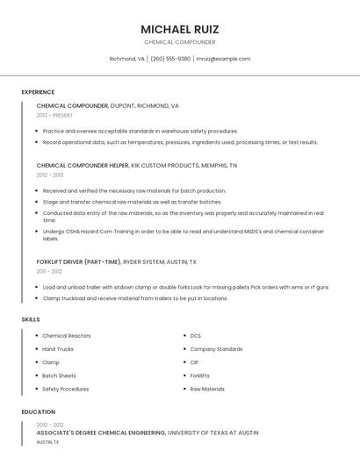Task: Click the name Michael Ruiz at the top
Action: click(179, 29)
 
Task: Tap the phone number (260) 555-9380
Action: click(170, 59)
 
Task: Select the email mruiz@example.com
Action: click(223, 59)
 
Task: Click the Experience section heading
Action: click(38, 92)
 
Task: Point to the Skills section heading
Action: click(31, 319)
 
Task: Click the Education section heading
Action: click(39, 411)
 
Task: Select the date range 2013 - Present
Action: click(54, 115)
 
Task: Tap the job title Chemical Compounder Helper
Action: click(83, 165)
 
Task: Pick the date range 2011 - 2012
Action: click(49, 271)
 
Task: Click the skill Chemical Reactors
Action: click(67, 336)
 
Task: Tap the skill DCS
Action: click(196, 336)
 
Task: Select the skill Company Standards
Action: click(216, 349)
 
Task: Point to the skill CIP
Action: click(194, 362)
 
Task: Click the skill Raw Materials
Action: click(207, 389)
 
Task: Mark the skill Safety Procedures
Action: click(66, 389)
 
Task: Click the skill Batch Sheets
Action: click(60, 376)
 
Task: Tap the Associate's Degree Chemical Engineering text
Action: click(101, 433)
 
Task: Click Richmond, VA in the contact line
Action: click(127, 59)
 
